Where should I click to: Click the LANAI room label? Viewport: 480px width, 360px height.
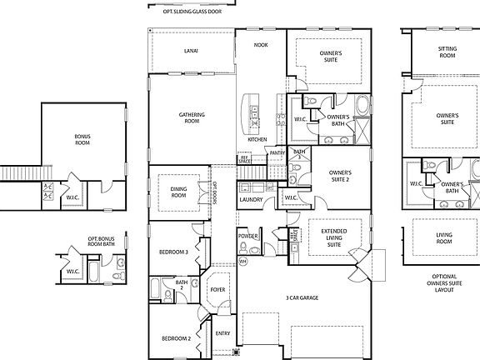(191, 51)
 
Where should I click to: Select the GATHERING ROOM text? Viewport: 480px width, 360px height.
(192, 117)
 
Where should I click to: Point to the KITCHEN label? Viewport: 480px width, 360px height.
(256, 139)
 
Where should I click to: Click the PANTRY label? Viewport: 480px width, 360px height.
(277, 152)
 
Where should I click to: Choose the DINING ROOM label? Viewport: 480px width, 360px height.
(178, 192)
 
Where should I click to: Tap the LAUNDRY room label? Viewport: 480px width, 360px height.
(250, 200)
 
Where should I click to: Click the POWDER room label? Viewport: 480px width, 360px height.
(247, 236)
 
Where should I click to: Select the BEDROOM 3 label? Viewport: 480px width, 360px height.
(175, 252)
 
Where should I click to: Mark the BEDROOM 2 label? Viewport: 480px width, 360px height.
(177, 338)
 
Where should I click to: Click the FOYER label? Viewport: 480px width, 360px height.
(217, 290)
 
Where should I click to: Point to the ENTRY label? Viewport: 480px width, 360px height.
(222, 332)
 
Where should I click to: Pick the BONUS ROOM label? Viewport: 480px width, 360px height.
(82, 139)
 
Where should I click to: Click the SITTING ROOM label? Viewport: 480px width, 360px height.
(447, 52)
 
